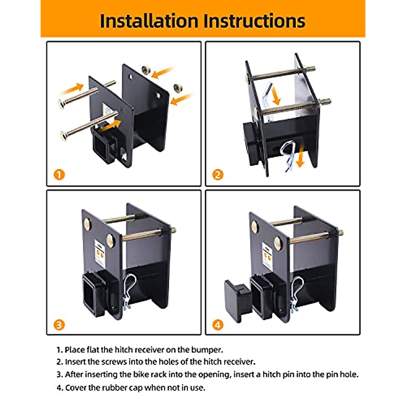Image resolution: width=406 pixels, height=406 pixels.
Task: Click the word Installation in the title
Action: click(149, 21)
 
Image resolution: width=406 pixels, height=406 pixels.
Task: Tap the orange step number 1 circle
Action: click(59, 175)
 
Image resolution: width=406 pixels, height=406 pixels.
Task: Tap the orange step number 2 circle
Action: click(218, 175)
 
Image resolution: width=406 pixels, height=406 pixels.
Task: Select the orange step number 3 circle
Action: click(59, 325)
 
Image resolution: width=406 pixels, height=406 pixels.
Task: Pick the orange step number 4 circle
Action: click(218, 325)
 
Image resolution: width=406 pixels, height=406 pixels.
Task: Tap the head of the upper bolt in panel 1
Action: click(62, 104)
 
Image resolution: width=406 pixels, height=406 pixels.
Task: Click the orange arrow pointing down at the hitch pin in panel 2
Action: click(300, 155)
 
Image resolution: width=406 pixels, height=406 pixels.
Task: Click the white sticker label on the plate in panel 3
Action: click(100, 252)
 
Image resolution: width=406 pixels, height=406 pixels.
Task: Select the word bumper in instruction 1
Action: click(207, 350)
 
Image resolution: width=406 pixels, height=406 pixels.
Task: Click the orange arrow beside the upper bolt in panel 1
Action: click(72, 89)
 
